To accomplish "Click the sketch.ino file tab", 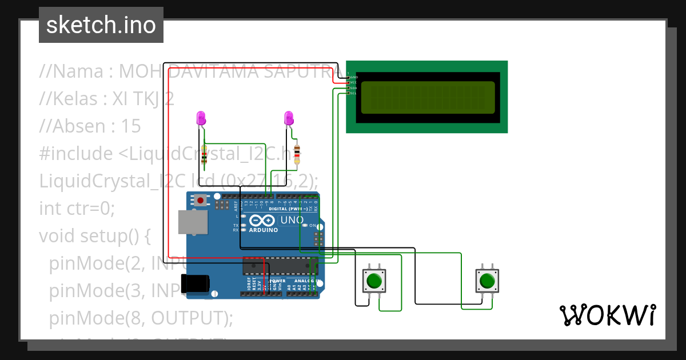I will [101, 25].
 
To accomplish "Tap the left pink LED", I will [201, 118].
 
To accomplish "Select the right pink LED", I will [289, 118].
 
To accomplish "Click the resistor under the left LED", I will [204, 155].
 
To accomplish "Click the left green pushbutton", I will [374, 281].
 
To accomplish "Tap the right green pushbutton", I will [487, 281].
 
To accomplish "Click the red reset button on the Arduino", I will [201, 201].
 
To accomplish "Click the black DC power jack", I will [194, 283].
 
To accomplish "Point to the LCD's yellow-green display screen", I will [427, 97].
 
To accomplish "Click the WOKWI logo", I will [607, 315].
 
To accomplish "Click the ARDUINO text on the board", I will [263, 230].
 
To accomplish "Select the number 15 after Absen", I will [131, 126].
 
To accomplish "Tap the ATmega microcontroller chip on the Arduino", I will [280, 266].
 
